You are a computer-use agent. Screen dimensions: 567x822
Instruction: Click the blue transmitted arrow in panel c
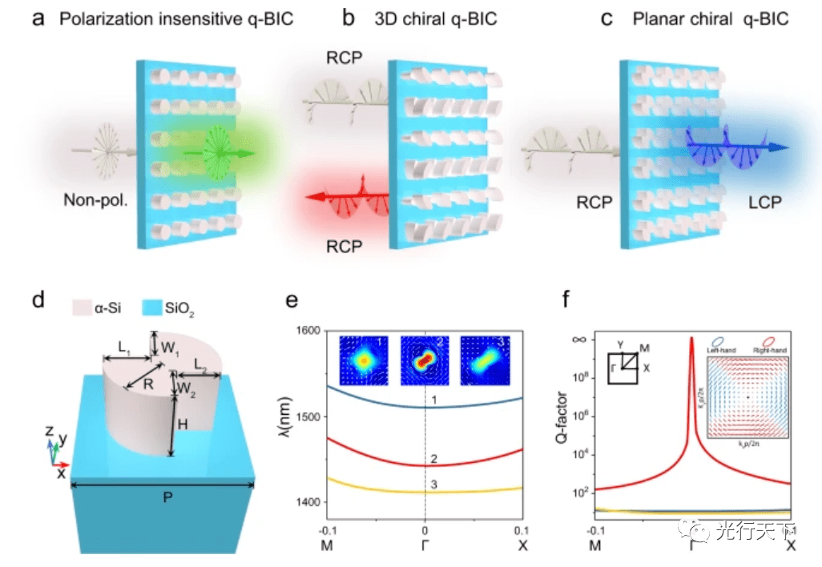pyautogui.click(x=737, y=147)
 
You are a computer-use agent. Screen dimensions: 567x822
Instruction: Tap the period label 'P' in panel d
pyautogui.click(x=166, y=497)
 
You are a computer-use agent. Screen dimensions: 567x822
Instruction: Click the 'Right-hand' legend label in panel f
pyautogui.click(x=769, y=351)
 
